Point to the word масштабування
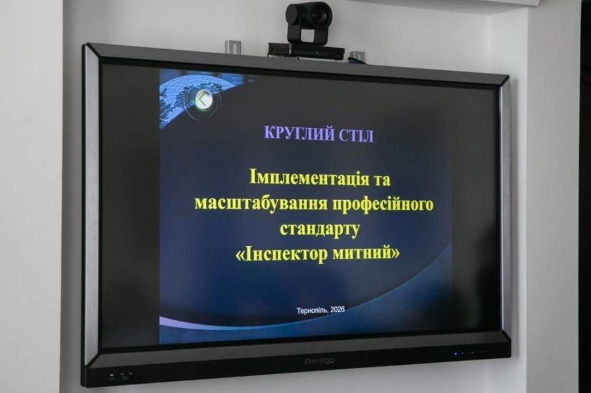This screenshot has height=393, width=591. coord(252,204)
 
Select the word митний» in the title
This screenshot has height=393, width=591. coord(366,254)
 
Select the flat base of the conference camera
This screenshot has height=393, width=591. coord(306,51)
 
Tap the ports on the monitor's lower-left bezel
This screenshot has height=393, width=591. coord(122,377)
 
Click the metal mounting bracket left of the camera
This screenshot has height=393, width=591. coord(233,47)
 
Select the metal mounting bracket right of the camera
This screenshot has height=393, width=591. coord(357,57)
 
